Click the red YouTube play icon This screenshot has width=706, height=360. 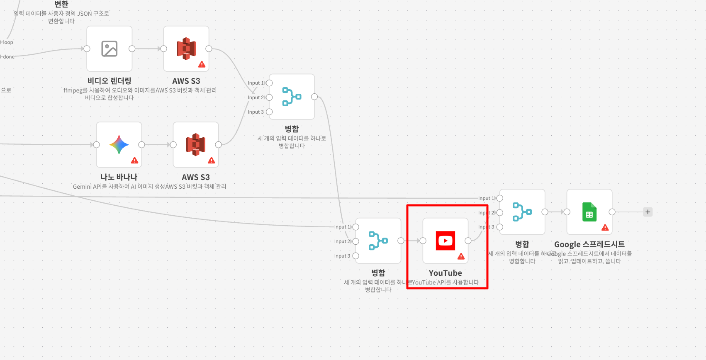coord(446,241)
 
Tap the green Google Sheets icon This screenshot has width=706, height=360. coord(589,212)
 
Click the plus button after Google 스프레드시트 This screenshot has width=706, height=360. coord(648,212)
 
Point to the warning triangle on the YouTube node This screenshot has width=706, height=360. coord(461,256)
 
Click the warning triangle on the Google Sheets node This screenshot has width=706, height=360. coord(605,227)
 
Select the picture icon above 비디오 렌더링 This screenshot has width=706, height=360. coord(110,49)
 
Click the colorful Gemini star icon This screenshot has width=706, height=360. coord(119,145)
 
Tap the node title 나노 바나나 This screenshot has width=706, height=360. coord(119,177)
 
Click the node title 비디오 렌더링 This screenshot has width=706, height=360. coord(110,81)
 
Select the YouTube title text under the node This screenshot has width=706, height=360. coord(446,273)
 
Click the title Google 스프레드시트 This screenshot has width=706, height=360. coord(589,244)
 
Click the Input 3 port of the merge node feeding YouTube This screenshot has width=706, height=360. coord(355,256)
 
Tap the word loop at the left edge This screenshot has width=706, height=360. coord(8,42)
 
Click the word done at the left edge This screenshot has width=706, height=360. coord(9,57)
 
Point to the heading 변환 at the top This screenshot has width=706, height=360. coord(61,4)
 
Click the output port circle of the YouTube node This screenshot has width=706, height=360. coord(468,241)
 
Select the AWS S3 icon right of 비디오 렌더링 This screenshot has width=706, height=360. coord(186,49)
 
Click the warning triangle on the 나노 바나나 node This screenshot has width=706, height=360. coord(134,160)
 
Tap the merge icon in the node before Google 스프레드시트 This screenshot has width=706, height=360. coord(522,212)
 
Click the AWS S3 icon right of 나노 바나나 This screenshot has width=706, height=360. coord(196,145)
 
